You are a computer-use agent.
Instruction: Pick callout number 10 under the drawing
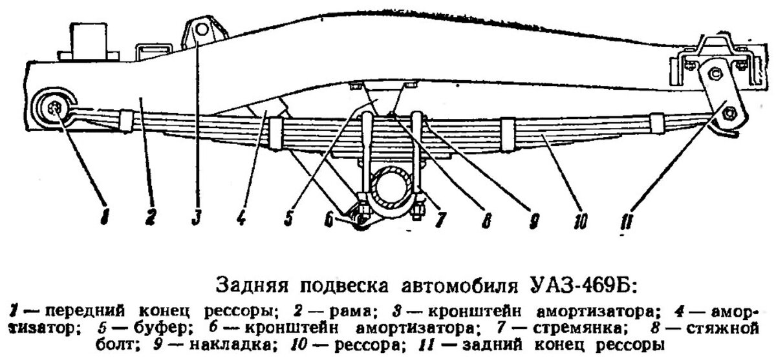pos(579,222)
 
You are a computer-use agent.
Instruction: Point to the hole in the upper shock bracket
pos(202,29)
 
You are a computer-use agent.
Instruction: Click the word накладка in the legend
pos(228,342)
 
